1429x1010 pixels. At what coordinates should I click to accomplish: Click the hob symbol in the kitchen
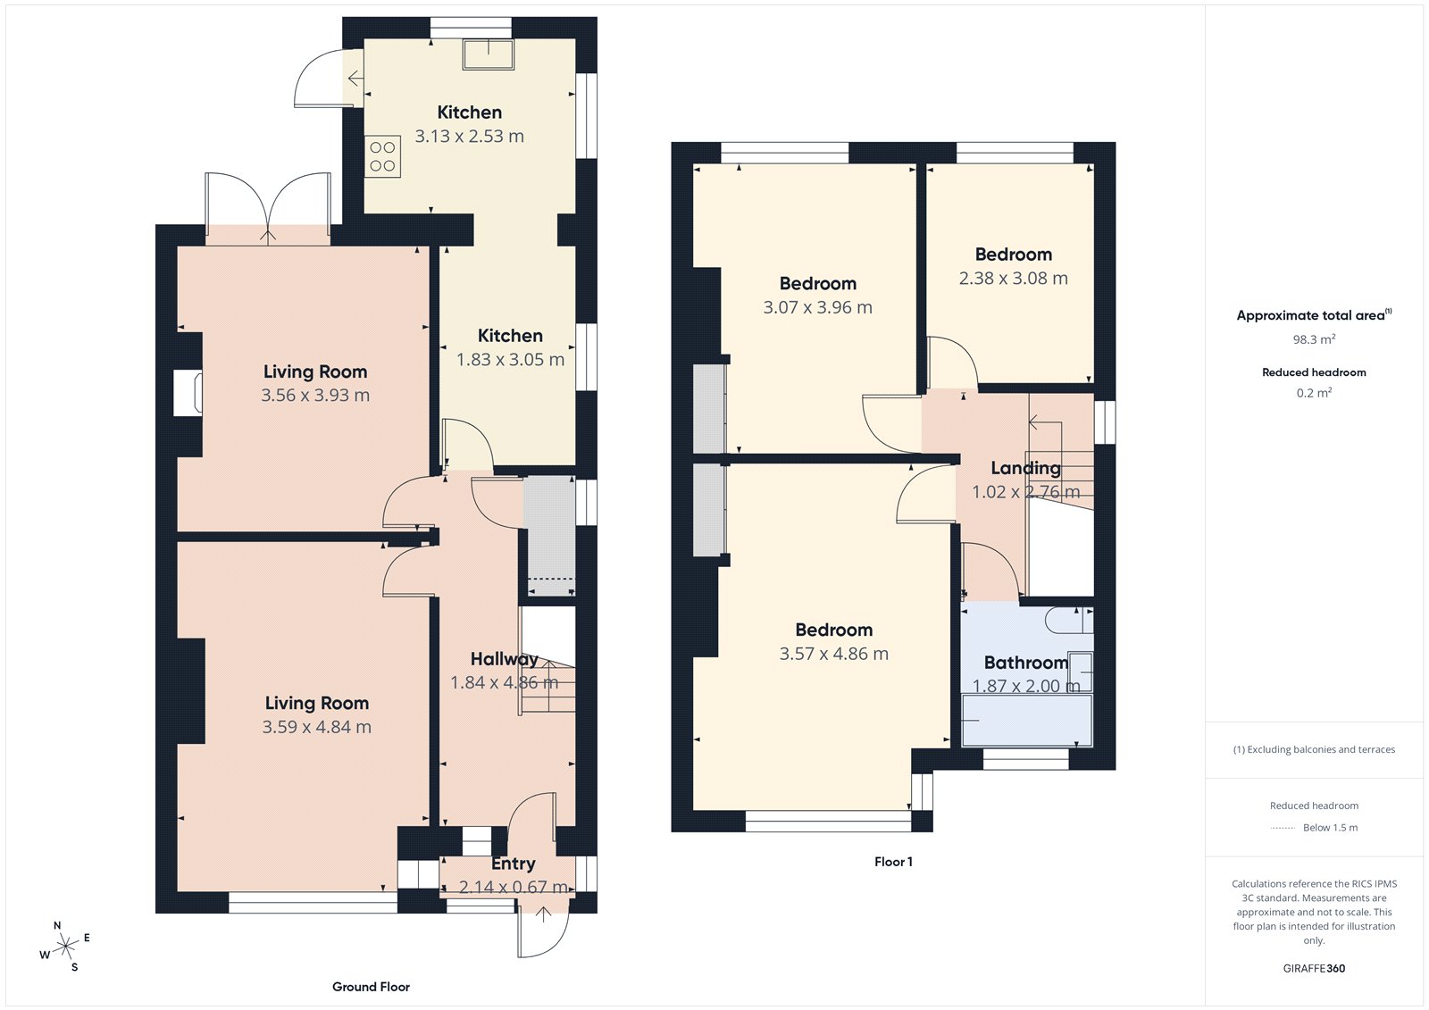pyautogui.click(x=382, y=157)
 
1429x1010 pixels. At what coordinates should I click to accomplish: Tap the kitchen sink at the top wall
pyautogui.click(x=488, y=54)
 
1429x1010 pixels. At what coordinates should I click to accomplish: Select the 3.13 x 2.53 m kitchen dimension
pyautogui.click(x=469, y=137)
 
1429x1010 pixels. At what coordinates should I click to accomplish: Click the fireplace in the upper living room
pyautogui.click(x=189, y=393)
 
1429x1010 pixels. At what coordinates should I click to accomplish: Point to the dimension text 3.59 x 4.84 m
pyautogui.click(x=316, y=727)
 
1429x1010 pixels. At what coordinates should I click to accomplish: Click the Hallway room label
pyautogui.click(x=504, y=659)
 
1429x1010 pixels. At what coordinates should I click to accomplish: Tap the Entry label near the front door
pyautogui.click(x=513, y=864)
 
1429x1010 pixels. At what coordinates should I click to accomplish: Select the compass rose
pyautogui.click(x=66, y=946)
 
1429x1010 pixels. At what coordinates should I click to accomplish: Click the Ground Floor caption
pyautogui.click(x=371, y=987)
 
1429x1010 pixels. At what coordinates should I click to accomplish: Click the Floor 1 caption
pyautogui.click(x=893, y=862)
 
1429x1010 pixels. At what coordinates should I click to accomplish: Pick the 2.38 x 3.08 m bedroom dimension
pyautogui.click(x=1013, y=279)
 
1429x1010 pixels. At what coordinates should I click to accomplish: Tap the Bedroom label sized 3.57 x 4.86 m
pyautogui.click(x=833, y=630)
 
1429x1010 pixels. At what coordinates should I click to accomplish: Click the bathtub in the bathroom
pyautogui.click(x=1027, y=721)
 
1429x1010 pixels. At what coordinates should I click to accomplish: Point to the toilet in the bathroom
pyautogui.click(x=1067, y=620)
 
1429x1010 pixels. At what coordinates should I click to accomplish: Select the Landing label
pyautogui.click(x=1025, y=468)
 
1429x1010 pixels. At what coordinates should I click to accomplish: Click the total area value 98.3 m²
pyautogui.click(x=1314, y=339)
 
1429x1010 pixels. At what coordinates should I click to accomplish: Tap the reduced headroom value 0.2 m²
pyautogui.click(x=1314, y=393)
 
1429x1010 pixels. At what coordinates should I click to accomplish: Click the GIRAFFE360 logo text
pyautogui.click(x=1314, y=968)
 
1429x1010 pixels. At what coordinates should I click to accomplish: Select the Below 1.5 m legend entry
pyautogui.click(x=1329, y=828)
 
